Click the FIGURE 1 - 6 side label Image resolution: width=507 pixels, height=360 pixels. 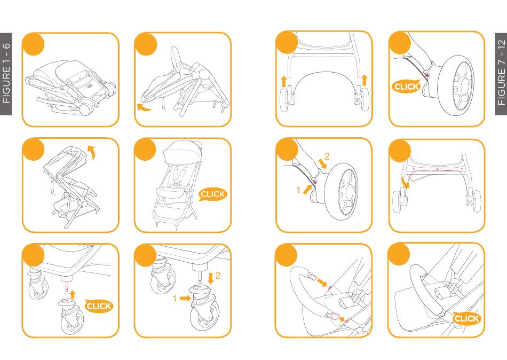coord(6,73)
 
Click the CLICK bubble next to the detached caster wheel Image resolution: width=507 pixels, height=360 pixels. coord(99,306)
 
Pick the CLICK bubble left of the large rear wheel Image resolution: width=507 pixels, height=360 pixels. coord(406,87)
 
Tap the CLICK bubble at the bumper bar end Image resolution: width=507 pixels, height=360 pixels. coord(466,318)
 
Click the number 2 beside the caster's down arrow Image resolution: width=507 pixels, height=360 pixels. coord(218,276)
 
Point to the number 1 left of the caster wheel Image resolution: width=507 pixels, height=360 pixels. coord(175,298)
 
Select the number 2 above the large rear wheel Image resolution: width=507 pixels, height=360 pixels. coord(327,156)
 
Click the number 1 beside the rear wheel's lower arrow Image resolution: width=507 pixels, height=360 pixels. coord(298,190)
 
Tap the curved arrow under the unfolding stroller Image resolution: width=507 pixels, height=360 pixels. coord(143,108)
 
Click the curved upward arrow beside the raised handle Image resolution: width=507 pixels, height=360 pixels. coord(92,152)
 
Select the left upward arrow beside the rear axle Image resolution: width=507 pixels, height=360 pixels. coord(283,81)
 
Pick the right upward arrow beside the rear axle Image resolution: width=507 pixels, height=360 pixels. coord(365,80)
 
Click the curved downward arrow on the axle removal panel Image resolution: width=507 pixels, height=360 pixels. coord(405,182)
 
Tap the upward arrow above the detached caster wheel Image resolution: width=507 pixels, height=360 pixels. coord(73,294)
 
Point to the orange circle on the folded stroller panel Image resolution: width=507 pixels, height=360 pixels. coord(33,44)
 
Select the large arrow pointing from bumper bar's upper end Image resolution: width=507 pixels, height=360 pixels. coord(322,283)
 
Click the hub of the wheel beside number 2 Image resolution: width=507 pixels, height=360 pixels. coord(349,192)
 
